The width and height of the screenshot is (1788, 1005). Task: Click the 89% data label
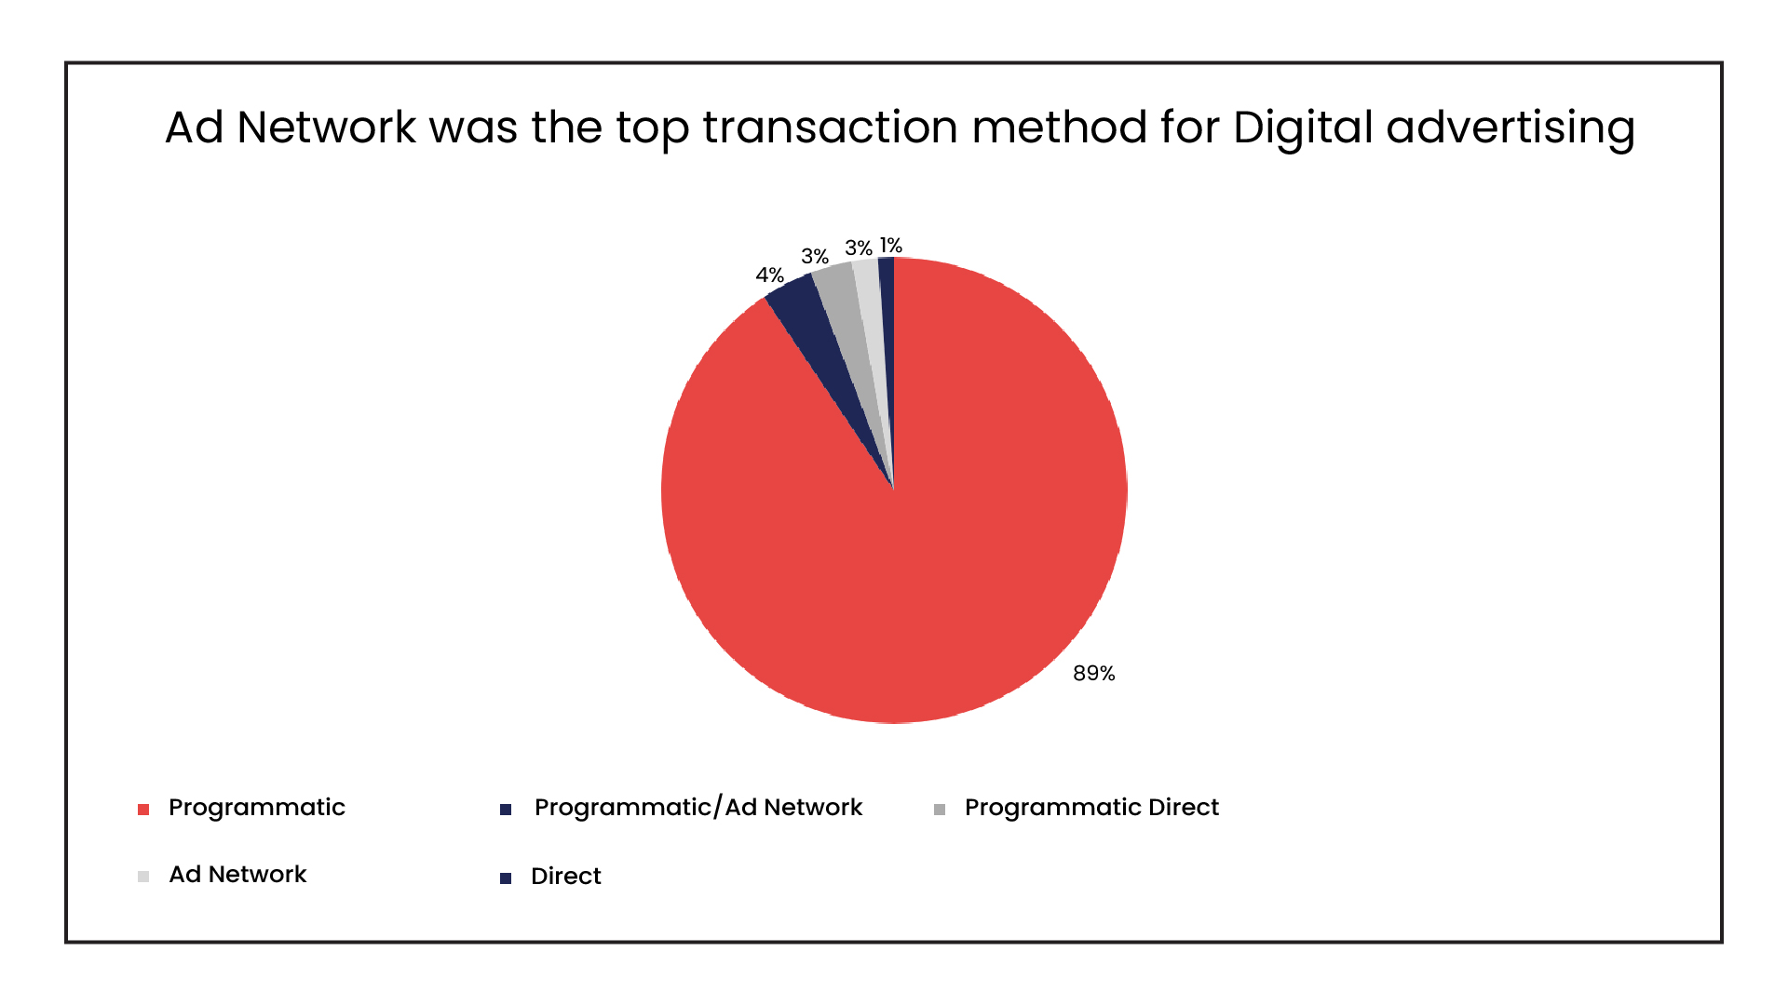1093,673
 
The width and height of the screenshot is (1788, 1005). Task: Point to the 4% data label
769,275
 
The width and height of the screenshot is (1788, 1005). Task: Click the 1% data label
891,246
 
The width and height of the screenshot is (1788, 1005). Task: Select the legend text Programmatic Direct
1090,807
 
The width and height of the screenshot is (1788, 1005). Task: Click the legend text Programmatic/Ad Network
698,807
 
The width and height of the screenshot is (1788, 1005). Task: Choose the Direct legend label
565,876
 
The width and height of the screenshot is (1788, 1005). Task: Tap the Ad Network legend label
237,875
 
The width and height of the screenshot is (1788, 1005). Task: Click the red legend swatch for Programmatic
143,810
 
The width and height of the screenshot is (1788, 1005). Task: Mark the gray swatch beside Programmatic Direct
940,810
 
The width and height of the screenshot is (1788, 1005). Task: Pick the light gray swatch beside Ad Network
143,877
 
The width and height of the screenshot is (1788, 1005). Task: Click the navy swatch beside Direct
506,878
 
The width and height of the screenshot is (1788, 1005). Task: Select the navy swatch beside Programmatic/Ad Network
506,810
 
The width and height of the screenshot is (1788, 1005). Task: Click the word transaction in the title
830,127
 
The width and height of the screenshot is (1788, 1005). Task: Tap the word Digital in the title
1303,128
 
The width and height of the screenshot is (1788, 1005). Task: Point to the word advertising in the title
1510,128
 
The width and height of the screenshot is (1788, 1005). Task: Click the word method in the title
1059,127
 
